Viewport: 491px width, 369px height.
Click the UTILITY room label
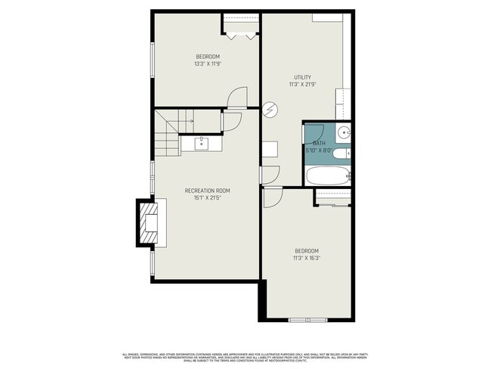pyautogui.click(x=302, y=77)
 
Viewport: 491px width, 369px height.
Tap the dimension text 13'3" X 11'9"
pyautogui.click(x=207, y=64)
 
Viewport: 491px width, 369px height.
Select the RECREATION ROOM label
pyautogui.click(x=207, y=191)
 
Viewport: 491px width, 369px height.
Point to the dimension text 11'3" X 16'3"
pyautogui.click(x=306, y=258)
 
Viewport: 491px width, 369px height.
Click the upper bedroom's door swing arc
pyautogui.click(x=238, y=96)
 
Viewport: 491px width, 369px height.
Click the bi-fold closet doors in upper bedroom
pyautogui.click(x=241, y=33)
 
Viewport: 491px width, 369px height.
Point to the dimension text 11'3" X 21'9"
pyautogui.click(x=302, y=85)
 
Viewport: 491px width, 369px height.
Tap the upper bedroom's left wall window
pyautogui.click(x=153, y=60)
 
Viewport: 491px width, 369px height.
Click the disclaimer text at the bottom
pyautogui.click(x=245, y=356)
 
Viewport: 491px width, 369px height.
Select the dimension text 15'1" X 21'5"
pyautogui.click(x=207, y=198)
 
